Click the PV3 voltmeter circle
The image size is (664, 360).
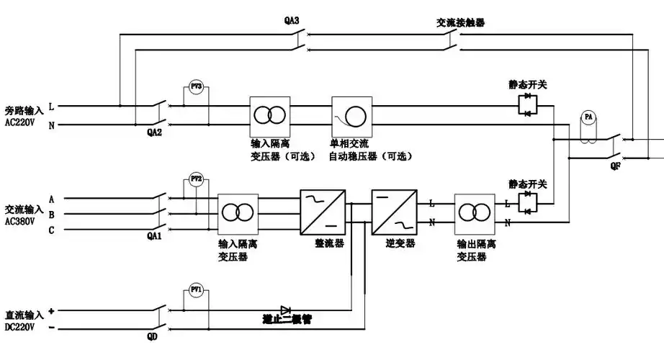196,86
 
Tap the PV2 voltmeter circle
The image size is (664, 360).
196,178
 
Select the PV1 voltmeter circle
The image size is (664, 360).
196,289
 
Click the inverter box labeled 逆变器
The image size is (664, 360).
390,212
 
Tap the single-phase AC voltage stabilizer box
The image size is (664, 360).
351,115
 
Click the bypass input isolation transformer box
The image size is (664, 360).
270,115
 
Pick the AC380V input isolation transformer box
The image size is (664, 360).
238,212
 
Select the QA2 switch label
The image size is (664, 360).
154,132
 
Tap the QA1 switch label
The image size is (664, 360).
154,237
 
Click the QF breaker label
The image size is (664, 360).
614,165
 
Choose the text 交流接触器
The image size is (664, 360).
460,22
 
